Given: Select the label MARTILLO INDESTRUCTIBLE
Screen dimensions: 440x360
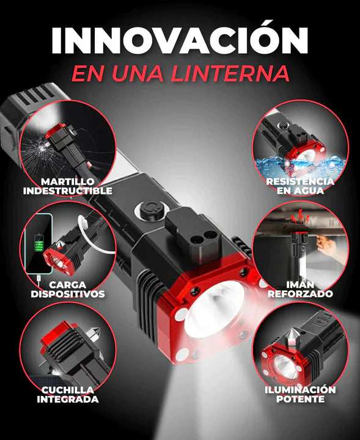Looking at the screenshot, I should click(x=68, y=186).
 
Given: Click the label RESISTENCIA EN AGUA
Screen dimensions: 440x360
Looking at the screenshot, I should click(x=300, y=185).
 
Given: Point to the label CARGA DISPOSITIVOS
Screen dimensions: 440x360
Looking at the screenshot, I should click(x=68, y=289).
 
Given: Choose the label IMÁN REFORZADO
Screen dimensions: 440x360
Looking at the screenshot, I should click(x=300, y=289).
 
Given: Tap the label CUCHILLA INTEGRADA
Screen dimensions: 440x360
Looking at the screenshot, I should click(x=68, y=394).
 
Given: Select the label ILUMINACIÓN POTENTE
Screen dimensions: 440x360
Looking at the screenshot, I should click(x=300, y=394).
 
